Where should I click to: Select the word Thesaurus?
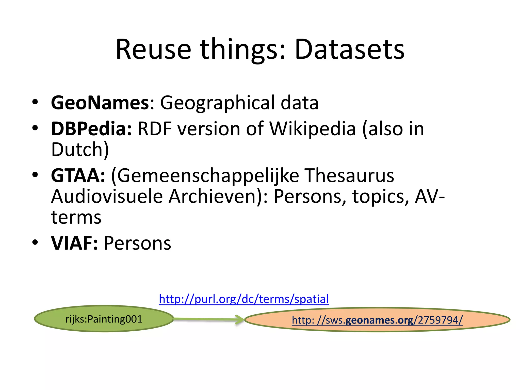pyautogui.click(x=350, y=175)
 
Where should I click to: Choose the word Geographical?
pyautogui.click(x=218, y=103)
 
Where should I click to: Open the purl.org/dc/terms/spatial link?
pyautogui.click(x=244, y=299)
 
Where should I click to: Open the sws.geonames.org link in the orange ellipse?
pyautogui.click(x=377, y=320)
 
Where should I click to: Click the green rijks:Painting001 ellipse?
pyautogui.click(x=104, y=319)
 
